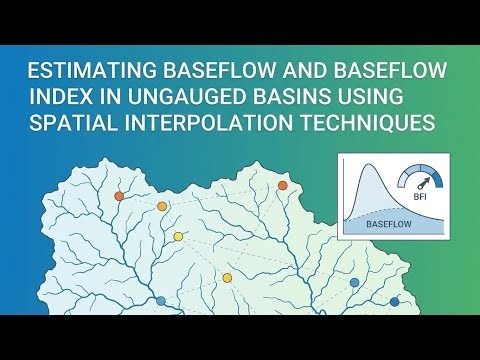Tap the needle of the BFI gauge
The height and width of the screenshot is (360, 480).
(424, 184)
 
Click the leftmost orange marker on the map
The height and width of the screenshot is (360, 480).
(119, 196)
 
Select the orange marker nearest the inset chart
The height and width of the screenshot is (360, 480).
(282, 185)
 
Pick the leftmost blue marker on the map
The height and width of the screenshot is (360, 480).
(161, 300)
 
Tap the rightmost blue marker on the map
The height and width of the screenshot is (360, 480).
(394, 301)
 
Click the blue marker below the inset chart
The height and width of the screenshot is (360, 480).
(353, 283)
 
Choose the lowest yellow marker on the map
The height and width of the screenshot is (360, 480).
(227, 277)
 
